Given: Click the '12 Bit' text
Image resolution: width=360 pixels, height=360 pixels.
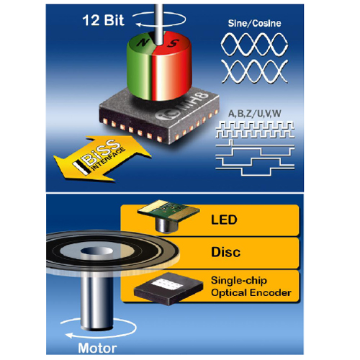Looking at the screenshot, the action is pos(103,20).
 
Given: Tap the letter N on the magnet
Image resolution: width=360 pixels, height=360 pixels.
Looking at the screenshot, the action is pos(144,42).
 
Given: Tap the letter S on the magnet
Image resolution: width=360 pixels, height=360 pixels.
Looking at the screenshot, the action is pos(173,43).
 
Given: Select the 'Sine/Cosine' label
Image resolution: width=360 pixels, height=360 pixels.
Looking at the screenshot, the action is pos(254,23).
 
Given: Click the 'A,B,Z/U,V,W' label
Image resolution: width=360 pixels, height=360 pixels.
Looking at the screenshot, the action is pos(255,114).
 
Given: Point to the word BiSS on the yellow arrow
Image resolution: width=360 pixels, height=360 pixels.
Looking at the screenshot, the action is pos(100,152).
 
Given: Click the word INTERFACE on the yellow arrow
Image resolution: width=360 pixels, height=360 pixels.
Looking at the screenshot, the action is pos(109,159).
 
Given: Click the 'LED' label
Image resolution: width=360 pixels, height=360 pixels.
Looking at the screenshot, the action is pos(224,220).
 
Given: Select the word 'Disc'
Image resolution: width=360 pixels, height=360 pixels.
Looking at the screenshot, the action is pos(225,252).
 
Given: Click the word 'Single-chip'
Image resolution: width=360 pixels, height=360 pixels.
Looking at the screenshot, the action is pos(239,281).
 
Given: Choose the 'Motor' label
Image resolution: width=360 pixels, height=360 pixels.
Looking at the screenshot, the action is pos(97,348).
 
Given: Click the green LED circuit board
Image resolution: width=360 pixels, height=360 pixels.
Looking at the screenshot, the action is pos(168,210).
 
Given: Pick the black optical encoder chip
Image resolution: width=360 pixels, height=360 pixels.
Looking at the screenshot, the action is pos(168,289).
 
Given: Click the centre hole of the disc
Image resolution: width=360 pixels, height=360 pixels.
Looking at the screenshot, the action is pos(96,251).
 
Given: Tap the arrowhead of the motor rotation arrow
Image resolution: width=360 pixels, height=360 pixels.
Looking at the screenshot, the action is pos(69,336).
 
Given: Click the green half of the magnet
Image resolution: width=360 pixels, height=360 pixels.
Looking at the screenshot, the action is pos(140,67).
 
